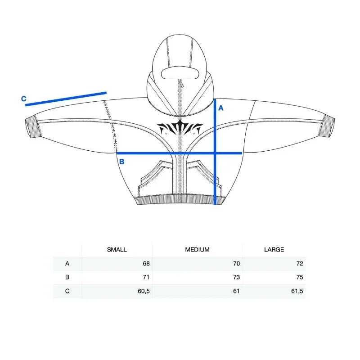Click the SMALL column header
117,250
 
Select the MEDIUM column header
197,250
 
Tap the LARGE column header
274,250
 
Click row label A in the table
67,263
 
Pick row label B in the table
67,277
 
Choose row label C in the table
67,291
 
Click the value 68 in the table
146,263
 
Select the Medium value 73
236,277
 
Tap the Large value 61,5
297,291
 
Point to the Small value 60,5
144,291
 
